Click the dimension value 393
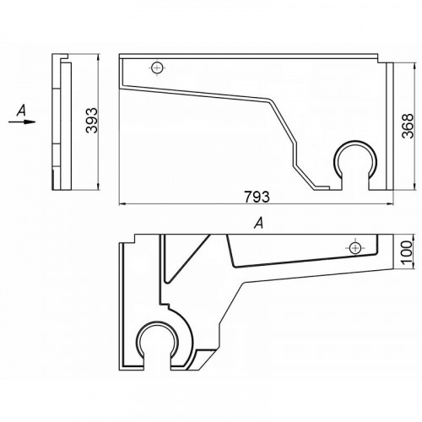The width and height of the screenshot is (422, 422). pyautogui.click(x=92, y=121)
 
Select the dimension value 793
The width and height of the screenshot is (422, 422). pyautogui.click(x=257, y=197)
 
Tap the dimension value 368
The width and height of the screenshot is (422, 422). pyautogui.click(x=408, y=126)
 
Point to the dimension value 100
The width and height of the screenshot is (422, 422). pyautogui.click(x=407, y=252)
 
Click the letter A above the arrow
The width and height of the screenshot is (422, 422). pyautogui.click(x=21, y=110)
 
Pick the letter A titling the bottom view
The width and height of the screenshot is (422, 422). pyautogui.click(x=259, y=224)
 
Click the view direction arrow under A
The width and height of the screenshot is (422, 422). pyautogui.click(x=22, y=122)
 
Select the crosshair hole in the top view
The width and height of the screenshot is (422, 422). pyautogui.click(x=157, y=68)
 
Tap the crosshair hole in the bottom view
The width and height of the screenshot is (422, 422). pyautogui.click(x=354, y=248)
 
